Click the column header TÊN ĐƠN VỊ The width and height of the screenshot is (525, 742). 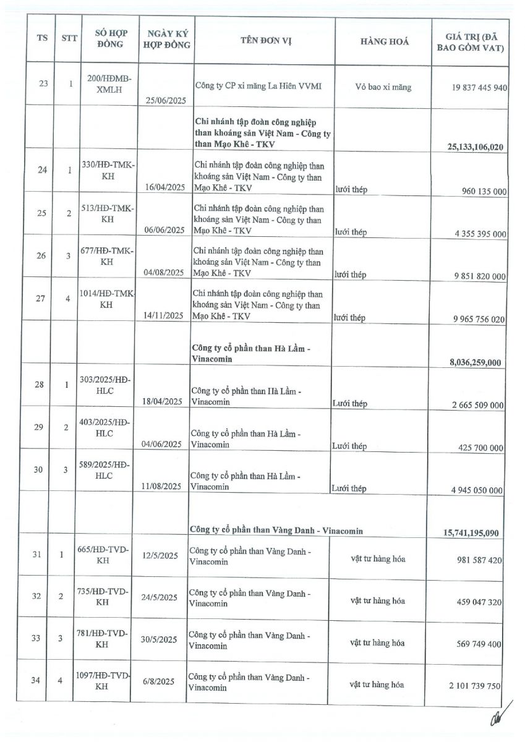point(266,41)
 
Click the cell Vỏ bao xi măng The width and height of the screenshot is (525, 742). point(383,87)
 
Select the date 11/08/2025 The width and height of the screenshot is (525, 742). point(161,487)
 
